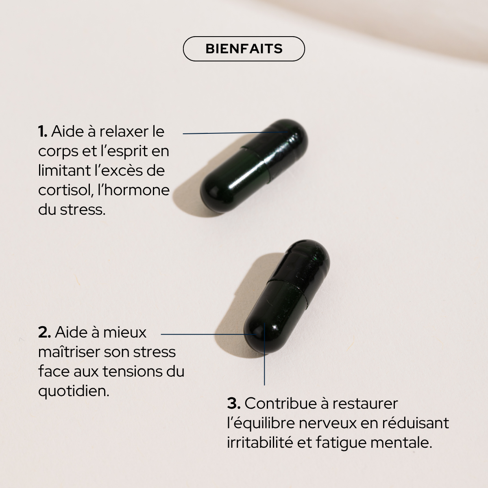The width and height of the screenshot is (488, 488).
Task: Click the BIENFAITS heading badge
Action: point(244,49)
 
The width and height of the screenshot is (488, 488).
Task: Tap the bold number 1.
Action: point(43,132)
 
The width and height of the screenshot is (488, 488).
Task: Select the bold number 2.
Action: point(44,333)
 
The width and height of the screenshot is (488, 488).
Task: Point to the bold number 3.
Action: point(234,404)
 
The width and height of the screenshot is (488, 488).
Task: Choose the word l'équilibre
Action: point(260,423)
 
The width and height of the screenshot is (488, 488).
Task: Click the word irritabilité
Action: point(259,443)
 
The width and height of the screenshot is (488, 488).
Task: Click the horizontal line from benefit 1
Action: point(232,133)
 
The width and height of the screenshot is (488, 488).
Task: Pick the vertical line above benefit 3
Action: point(264,358)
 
